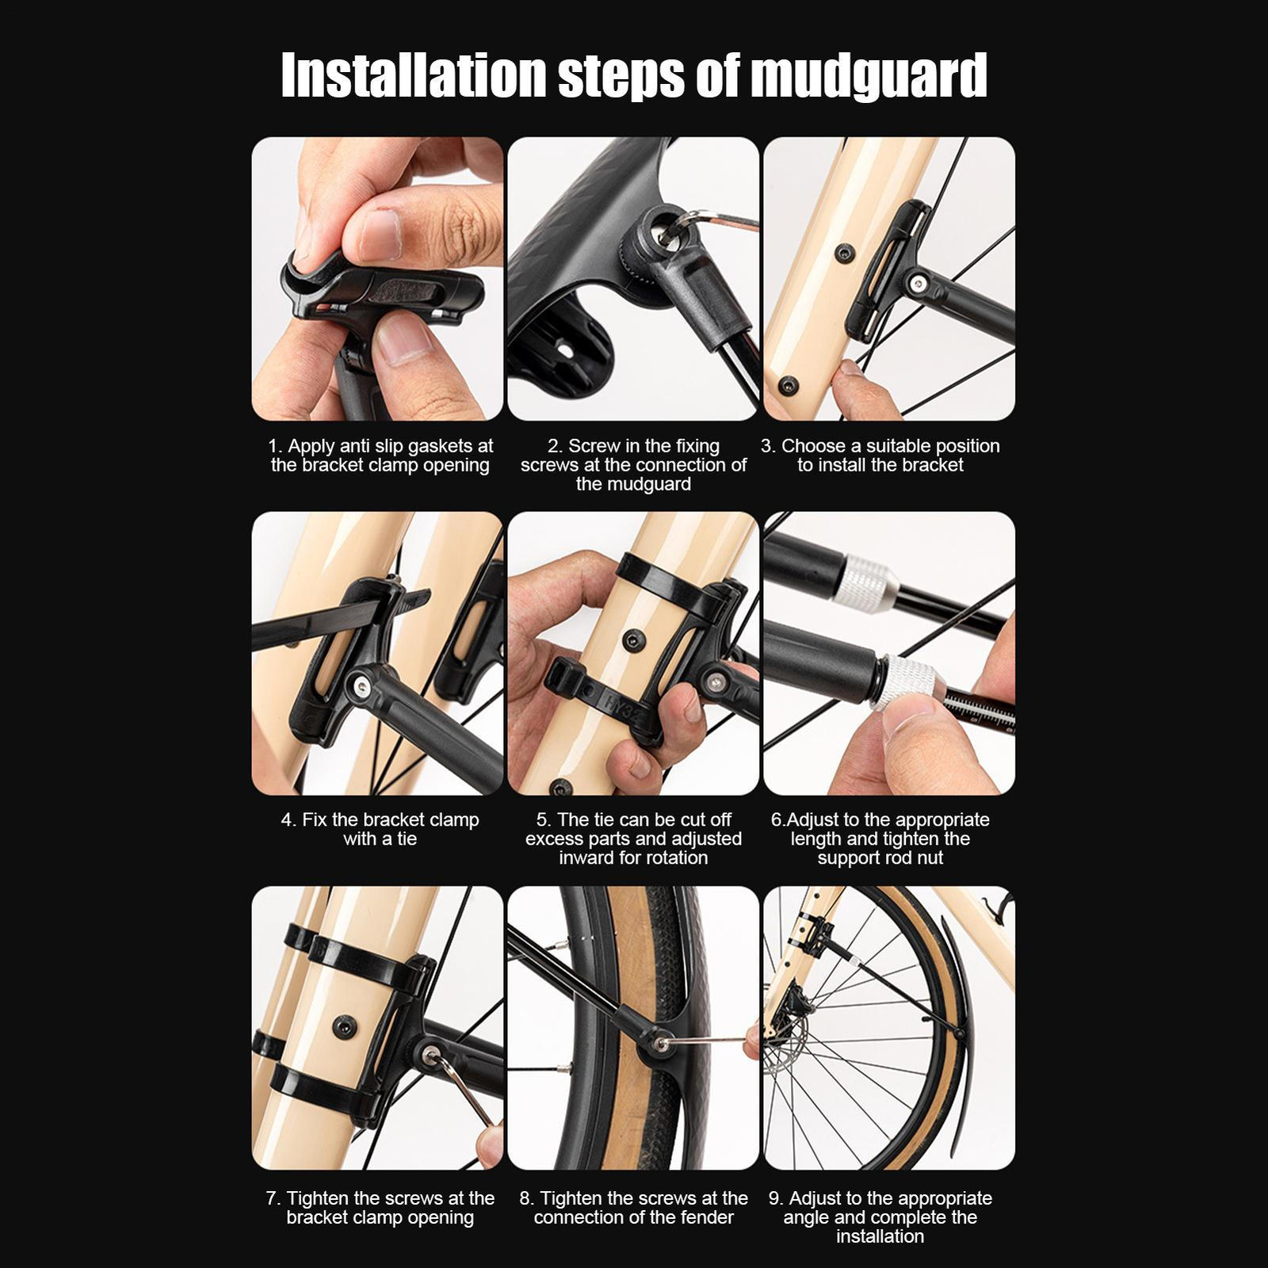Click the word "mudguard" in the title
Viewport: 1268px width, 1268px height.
868,76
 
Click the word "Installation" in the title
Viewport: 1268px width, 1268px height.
414,74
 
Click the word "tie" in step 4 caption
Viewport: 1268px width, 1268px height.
406,838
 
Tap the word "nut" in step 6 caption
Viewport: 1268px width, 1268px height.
930,858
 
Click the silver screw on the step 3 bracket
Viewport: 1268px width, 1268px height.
918,283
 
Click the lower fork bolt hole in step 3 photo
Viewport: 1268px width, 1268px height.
788,386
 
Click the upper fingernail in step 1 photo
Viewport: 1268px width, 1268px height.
379,235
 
